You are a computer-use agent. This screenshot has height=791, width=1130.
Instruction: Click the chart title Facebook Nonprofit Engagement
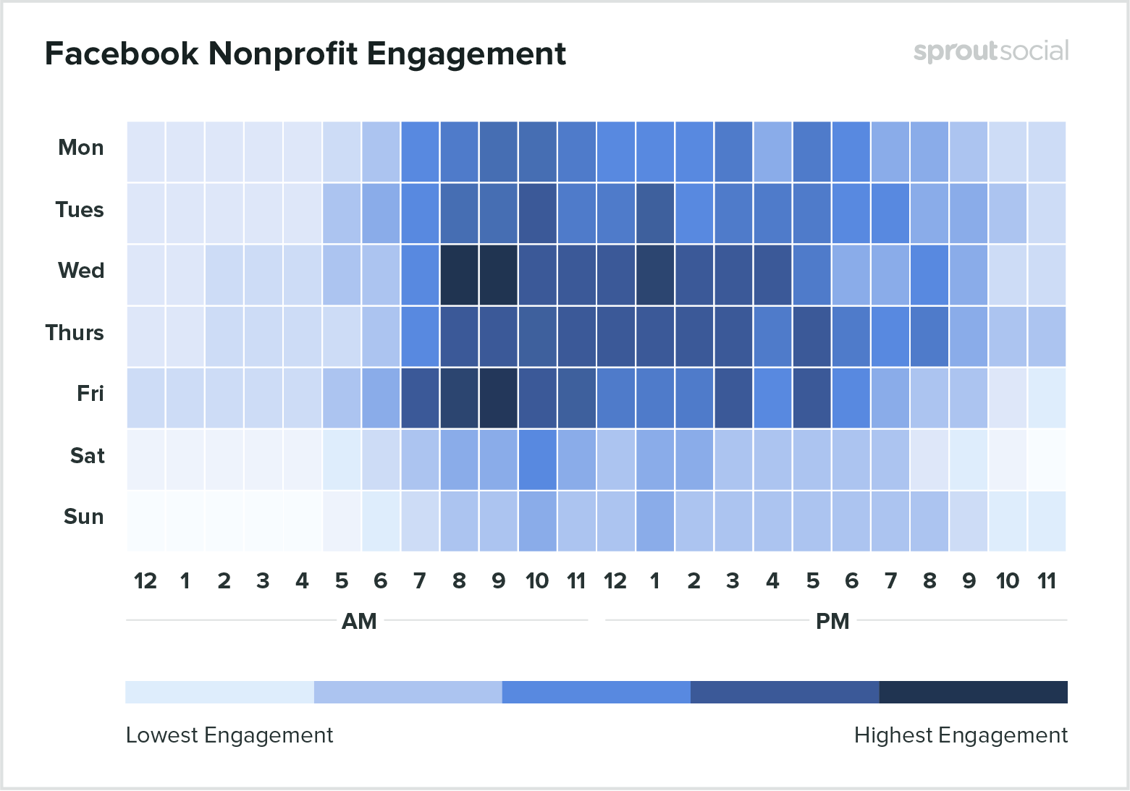tap(305, 54)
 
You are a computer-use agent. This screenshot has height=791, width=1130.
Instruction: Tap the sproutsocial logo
tap(990, 51)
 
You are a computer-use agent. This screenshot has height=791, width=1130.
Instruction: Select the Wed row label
tap(81, 271)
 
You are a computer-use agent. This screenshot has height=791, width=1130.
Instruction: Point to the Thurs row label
tap(75, 333)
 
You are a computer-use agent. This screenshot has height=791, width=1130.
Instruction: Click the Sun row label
tap(83, 517)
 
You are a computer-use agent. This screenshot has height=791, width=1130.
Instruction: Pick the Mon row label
tap(81, 148)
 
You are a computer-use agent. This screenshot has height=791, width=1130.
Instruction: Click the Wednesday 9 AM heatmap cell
tap(498, 275)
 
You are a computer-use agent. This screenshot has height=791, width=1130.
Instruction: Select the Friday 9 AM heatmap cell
tap(498, 398)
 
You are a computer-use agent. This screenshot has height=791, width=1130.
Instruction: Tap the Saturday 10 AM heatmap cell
tap(537, 460)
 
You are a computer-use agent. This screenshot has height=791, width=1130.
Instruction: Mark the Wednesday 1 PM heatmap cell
tap(655, 275)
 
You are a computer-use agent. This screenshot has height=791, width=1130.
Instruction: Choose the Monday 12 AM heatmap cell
tap(146, 152)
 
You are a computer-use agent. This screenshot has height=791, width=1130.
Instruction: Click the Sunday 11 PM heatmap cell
tap(1047, 521)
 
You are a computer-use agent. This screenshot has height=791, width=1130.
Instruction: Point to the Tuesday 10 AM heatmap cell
tap(537, 213)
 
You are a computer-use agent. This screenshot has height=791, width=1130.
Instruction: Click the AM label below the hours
tap(359, 622)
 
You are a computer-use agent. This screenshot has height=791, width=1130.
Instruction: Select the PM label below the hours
tap(832, 622)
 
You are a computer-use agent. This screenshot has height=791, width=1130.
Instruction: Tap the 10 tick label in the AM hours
tap(537, 581)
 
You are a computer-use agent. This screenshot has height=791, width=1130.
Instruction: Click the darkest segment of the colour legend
tap(973, 692)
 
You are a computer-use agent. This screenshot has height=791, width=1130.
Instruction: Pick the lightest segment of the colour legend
tap(219, 692)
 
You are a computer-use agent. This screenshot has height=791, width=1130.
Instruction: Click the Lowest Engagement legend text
tap(229, 735)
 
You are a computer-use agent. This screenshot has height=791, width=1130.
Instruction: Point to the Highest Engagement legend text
tap(961, 735)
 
